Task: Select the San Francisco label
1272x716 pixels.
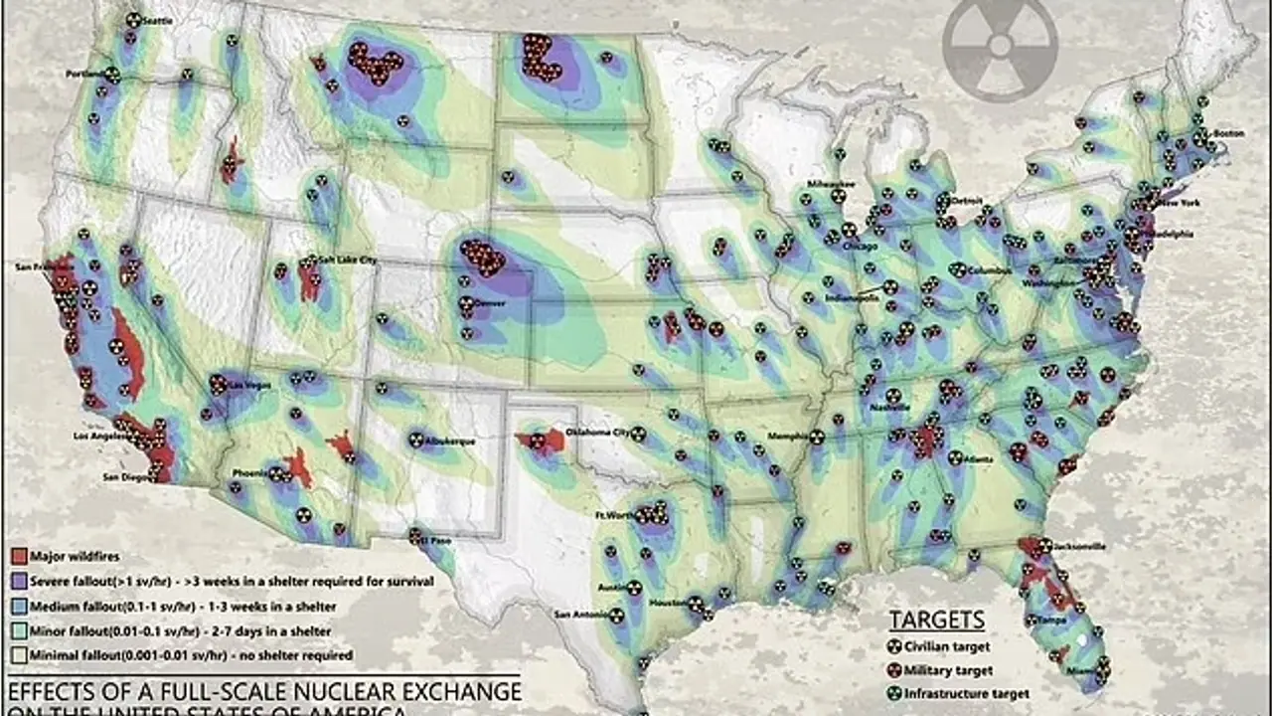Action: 35,267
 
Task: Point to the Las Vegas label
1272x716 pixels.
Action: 249,384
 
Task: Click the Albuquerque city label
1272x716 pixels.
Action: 448,439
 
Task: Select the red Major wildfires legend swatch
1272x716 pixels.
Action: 18,556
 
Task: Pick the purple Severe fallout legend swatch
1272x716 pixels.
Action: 18,581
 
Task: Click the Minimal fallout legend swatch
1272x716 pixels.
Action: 18,655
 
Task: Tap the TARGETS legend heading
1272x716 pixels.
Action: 936,620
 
